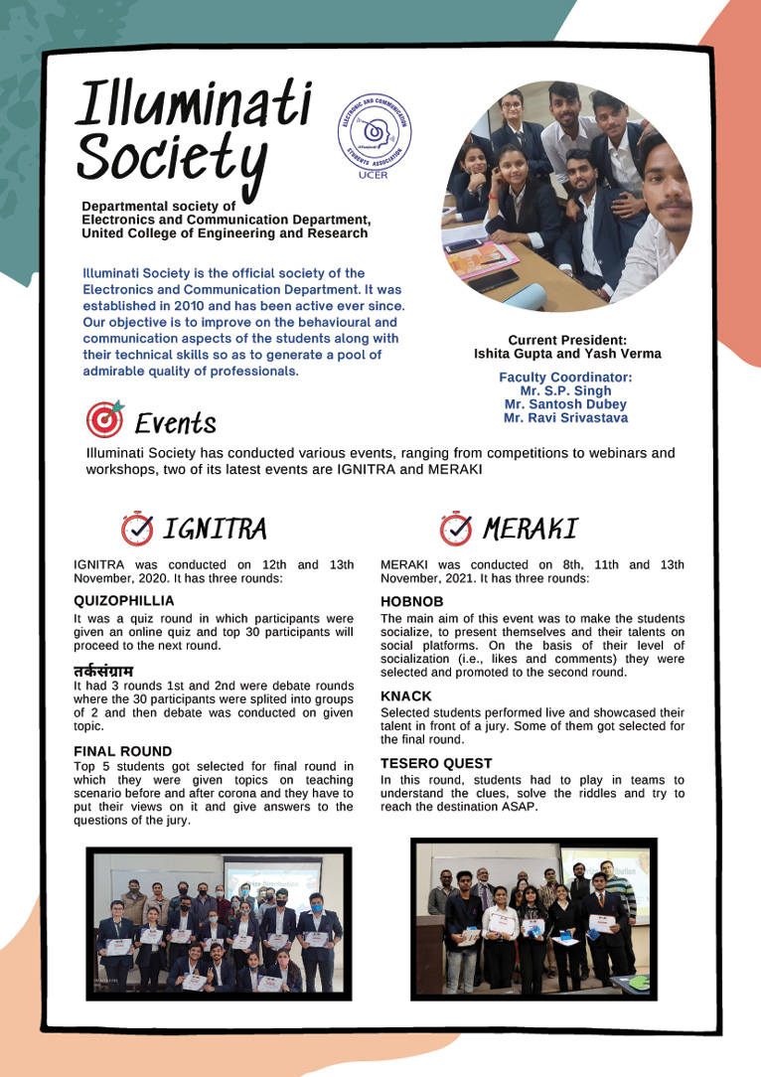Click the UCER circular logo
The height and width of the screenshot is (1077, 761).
click(375, 137)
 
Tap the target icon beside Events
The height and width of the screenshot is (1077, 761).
click(105, 419)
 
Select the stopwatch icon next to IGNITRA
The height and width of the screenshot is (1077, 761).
click(137, 529)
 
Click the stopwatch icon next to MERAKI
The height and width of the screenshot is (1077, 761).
click(456, 529)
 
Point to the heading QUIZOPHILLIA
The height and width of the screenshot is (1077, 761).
click(124, 600)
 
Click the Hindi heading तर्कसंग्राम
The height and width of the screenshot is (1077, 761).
click(103, 672)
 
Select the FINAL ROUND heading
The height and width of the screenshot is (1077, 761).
click(122, 751)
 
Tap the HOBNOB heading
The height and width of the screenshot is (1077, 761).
click(412, 601)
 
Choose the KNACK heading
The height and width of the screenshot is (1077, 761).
click(406, 696)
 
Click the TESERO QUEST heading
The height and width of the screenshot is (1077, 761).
click(436, 763)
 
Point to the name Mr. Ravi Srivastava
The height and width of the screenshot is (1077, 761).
click(565, 418)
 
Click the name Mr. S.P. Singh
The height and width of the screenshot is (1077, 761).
click(565, 391)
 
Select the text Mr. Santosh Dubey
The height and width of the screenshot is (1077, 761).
click(565, 404)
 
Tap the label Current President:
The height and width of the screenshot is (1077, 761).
click(567, 340)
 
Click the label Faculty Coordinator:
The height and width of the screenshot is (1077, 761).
click(565, 378)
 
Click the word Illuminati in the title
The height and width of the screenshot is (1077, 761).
click(195, 102)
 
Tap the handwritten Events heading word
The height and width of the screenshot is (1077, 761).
click(175, 424)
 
